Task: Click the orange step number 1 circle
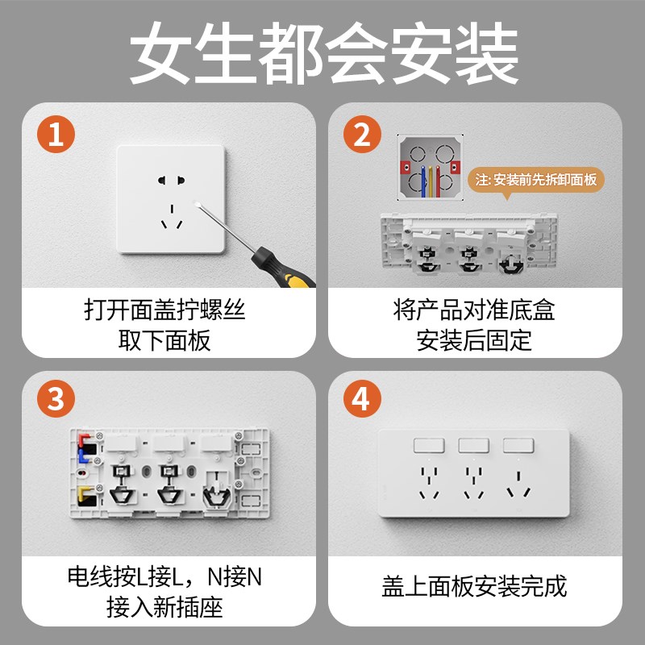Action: click(55, 135)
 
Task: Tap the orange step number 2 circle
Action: click(362, 135)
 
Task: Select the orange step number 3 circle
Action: click(55, 401)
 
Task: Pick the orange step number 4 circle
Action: click(362, 401)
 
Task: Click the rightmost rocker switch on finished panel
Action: click(518, 445)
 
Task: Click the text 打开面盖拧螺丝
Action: click(165, 309)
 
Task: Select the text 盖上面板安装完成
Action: click(474, 585)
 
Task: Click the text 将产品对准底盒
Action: click(474, 309)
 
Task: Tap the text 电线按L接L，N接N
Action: click(165, 577)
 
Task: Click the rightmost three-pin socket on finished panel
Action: click(518, 481)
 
